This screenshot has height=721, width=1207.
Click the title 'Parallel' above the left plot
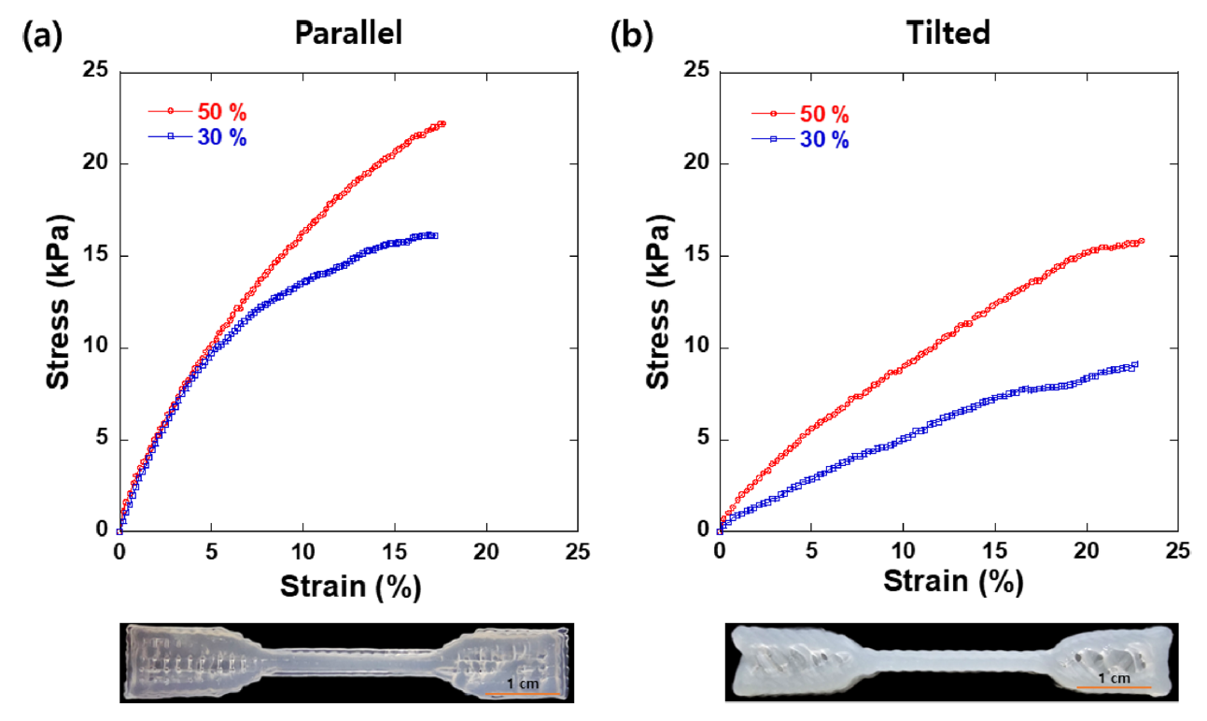(348, 34)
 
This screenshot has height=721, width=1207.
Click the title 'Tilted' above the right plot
(948, 34)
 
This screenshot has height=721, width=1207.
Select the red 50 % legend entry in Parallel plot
(221, 112)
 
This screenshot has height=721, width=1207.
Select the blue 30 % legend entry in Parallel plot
(221, 137)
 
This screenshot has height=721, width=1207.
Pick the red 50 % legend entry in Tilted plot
(824, 116)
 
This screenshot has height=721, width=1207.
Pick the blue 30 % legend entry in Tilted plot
(824, 140)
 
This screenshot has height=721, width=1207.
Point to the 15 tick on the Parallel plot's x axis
(394, 552)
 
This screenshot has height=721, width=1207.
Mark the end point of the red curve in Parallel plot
(442, 123)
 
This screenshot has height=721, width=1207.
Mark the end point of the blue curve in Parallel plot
(434, 235)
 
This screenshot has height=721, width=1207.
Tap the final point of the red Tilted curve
(1141, 241)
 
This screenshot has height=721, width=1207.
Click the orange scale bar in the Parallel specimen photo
(522, 693)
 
